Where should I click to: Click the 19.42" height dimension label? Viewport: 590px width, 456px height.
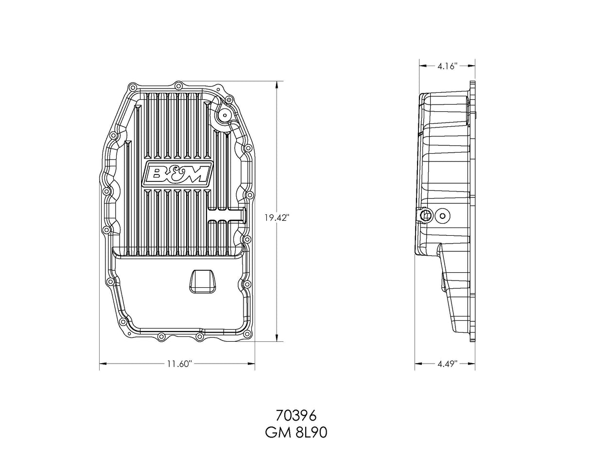(277, 218)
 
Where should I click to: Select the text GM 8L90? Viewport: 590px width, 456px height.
(295, 432)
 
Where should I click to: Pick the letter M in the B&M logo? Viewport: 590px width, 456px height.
(195, 174)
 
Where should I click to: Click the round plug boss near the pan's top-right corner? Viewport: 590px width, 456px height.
(225, 115)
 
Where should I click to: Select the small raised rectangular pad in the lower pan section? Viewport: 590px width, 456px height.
(201, 281)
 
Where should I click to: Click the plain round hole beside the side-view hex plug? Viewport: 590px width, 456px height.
(442, 216)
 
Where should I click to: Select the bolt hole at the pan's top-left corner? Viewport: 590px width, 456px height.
(131, 88)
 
